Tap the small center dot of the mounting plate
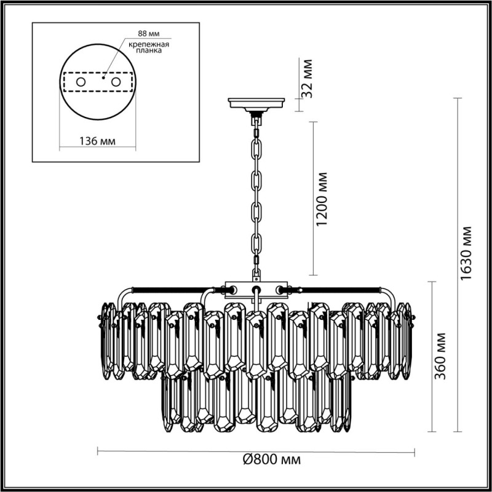103,79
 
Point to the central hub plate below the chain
256,288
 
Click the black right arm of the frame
341,288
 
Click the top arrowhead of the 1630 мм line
458,99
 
